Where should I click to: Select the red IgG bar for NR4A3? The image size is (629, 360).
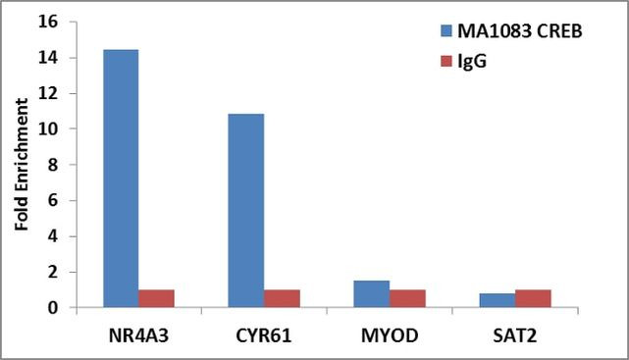pos(156,298)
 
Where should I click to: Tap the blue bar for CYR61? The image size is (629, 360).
pos(245,211)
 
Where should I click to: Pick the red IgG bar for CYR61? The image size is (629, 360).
pos(282,298)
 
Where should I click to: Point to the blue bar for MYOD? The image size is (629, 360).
pos(371,294)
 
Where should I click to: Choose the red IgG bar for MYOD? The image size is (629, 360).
pos(407,298)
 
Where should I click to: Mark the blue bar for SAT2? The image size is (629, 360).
pos(497,300)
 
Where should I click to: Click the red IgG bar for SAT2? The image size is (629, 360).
pos(533,298)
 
